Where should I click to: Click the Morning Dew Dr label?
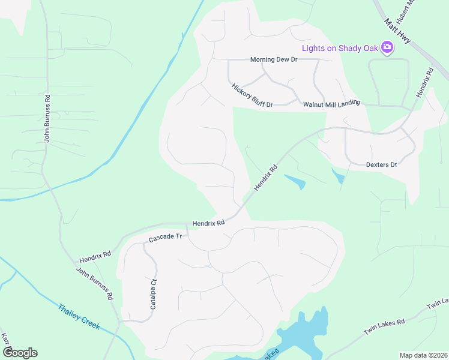coord(274,60)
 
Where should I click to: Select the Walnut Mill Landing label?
coord(331,103)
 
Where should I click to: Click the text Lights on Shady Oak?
coord(340,47)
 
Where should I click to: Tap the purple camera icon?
coord(387,47)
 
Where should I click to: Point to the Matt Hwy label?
coord(398,32)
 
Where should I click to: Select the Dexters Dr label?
coord(382,164)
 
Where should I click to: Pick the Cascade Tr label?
coord(165,238)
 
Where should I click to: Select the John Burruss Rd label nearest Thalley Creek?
coord(95,284)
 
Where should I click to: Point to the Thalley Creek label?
coord(79,317)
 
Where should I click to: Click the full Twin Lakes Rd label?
coord(384,328)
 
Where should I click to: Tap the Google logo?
coord(19,352)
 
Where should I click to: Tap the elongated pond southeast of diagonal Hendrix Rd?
coord(295,181)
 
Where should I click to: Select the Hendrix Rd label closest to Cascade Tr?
coord(208,223)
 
